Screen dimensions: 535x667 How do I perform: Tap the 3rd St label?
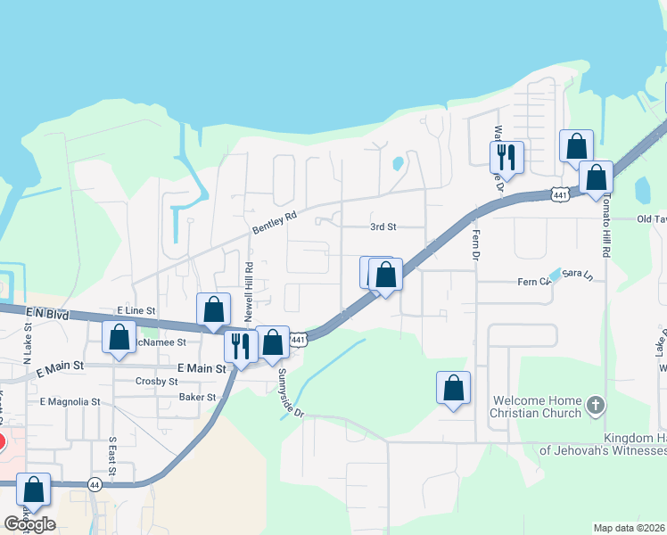point(383,226)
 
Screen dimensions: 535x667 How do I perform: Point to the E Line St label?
point(136,310)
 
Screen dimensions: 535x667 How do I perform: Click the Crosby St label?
point(157,381)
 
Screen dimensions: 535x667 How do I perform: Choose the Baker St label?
point(197,397)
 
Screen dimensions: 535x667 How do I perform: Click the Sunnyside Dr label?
point(292,393)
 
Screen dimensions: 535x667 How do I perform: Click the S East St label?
point(113,453)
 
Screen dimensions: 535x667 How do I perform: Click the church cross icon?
point(596,407)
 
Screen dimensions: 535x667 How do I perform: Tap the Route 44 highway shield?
point(95,484)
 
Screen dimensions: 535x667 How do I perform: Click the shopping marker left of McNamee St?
point(119,337)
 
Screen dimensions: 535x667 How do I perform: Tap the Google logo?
point(29,523)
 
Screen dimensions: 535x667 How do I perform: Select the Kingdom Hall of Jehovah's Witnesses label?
point(602,444)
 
